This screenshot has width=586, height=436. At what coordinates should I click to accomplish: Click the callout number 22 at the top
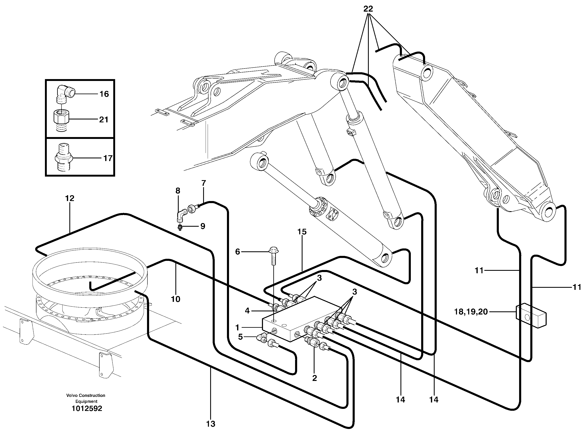click(x=368, y=9)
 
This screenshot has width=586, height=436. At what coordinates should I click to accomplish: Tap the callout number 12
click(x=70, y=198)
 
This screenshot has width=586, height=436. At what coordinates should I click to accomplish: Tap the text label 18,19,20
click(x=471, y=312)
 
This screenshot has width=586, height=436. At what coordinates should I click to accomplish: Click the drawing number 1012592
click(x=87, y=408)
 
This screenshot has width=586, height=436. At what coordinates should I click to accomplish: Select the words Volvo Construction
click(x=86, y=395)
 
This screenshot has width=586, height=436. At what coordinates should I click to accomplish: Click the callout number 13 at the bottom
click(x=211, y=424)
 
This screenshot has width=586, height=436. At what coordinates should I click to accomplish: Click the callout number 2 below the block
click(x=314, y=378)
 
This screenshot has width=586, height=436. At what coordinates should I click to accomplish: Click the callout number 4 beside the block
click(x=247, y=311)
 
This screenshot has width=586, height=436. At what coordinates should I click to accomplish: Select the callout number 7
click(x=204, y=183)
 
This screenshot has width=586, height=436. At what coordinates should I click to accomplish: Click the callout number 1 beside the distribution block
click(x=237, y=328)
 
